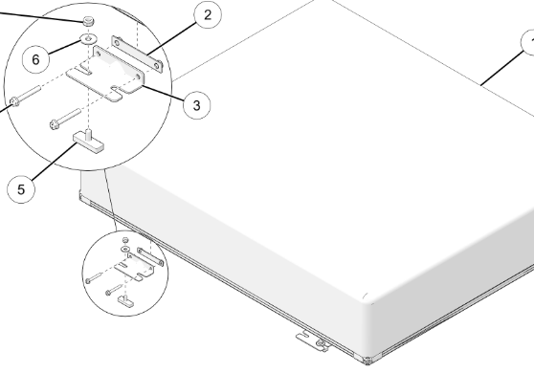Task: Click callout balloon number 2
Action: click(208, 15)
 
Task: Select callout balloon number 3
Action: click(196, 105)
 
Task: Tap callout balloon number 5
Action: click(21, 189)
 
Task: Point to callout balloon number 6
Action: click(35, 59)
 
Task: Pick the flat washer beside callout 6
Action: click(88, 39)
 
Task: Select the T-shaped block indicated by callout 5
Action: click(89, 142)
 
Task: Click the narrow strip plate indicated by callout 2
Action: click(137, 55)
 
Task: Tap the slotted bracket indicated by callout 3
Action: click(106, 75)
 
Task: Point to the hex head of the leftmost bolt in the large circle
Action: click(14, 101)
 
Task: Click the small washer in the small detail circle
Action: click(125, 249)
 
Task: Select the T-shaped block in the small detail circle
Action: click(125, 301)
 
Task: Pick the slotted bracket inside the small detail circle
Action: click(135, 267)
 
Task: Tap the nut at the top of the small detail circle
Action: click(125, 240)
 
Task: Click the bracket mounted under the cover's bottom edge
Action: click(313, 341)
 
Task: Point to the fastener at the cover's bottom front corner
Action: click(367, 361)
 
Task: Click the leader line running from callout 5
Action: click(55, 160)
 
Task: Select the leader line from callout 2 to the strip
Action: click(172, 37)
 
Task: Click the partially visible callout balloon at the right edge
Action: click(528, 43)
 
